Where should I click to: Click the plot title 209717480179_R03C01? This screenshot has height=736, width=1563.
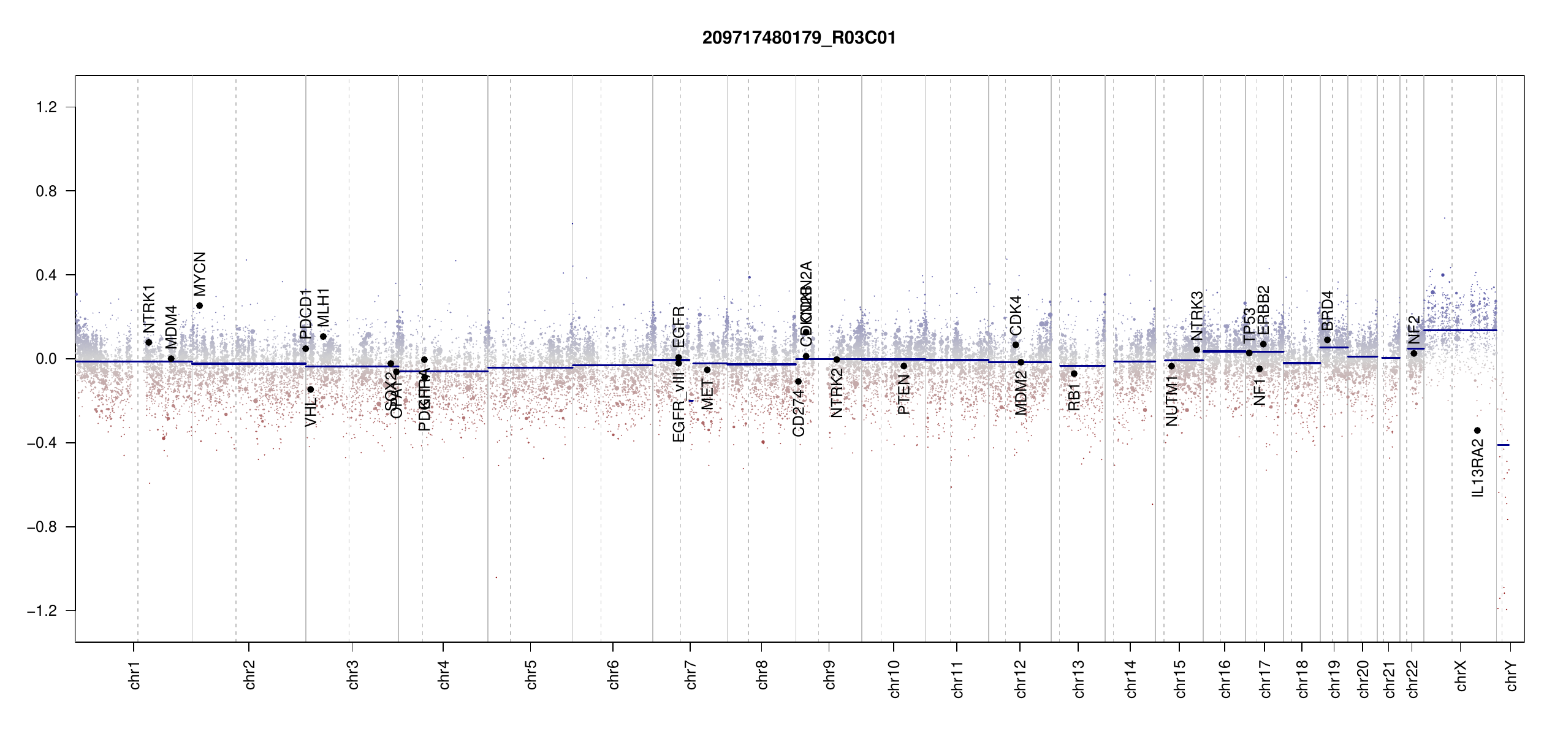tap(799, 38)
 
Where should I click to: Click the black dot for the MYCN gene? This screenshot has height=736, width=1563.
tap(199, 305)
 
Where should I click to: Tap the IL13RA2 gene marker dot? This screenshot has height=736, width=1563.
tap(1477, 431)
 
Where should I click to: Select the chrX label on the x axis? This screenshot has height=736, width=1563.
tap(1461, 675)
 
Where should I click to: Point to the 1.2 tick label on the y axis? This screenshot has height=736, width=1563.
tap(46, 107)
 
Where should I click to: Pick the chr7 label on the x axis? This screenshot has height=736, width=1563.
tap(691, 675)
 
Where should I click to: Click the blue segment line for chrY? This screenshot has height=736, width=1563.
tap(1503, 445)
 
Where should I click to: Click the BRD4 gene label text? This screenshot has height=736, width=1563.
tap(1327, 310)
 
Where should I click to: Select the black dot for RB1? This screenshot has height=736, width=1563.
tap(1074, 374)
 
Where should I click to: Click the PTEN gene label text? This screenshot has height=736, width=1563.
tap(903, 395)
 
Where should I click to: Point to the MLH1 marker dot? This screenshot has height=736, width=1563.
tap(323, 336)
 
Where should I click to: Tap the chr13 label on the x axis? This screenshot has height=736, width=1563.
tap(1079, 678)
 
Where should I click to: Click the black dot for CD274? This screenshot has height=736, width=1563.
tap(798, 381)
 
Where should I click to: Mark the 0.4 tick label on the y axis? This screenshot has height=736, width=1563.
tap(46, 275)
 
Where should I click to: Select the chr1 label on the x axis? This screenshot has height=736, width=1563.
tap(135, 675)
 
